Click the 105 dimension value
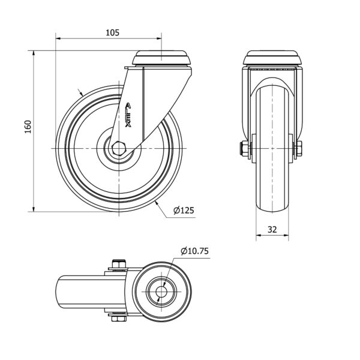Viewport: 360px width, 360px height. click(x=113, y=33)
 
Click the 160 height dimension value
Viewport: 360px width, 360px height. click(x=28, y=127)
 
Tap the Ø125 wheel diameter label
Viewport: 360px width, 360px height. click(x=184, y=211)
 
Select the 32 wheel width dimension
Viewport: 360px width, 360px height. click(x=272, y=229)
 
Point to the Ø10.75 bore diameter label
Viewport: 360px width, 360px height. click(x=194, y=251)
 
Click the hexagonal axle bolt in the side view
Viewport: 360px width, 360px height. click(x=119, y=149)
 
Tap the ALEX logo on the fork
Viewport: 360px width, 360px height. click(x=128, y=115)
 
